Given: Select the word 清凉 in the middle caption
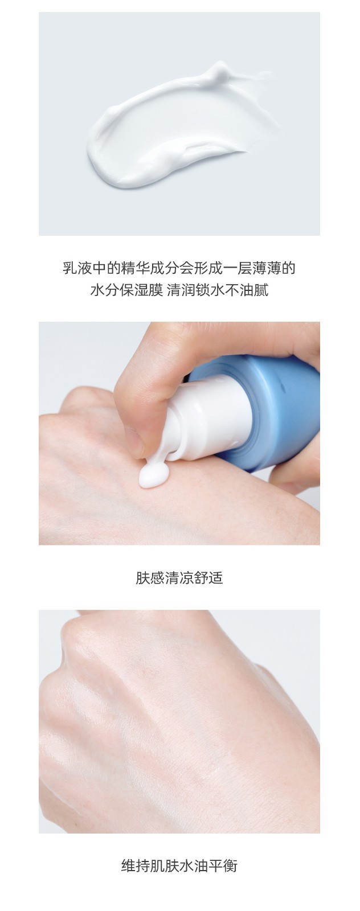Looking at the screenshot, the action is [179, 578].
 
